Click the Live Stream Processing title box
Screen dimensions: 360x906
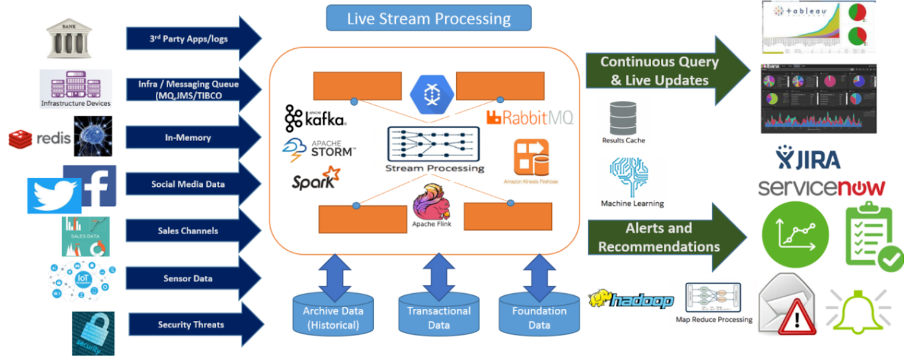(429, 18)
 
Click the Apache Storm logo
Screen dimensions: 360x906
(319, 149)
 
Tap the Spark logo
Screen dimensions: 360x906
(315, 178)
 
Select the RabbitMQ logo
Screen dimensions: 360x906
(529, 118)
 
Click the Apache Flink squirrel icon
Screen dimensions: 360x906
(431, 203)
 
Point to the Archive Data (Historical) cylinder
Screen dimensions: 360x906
(333, 317)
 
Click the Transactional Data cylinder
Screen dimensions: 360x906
(439, 317)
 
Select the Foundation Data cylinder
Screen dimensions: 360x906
(539, 317)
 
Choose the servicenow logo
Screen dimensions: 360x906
(821, 187)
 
